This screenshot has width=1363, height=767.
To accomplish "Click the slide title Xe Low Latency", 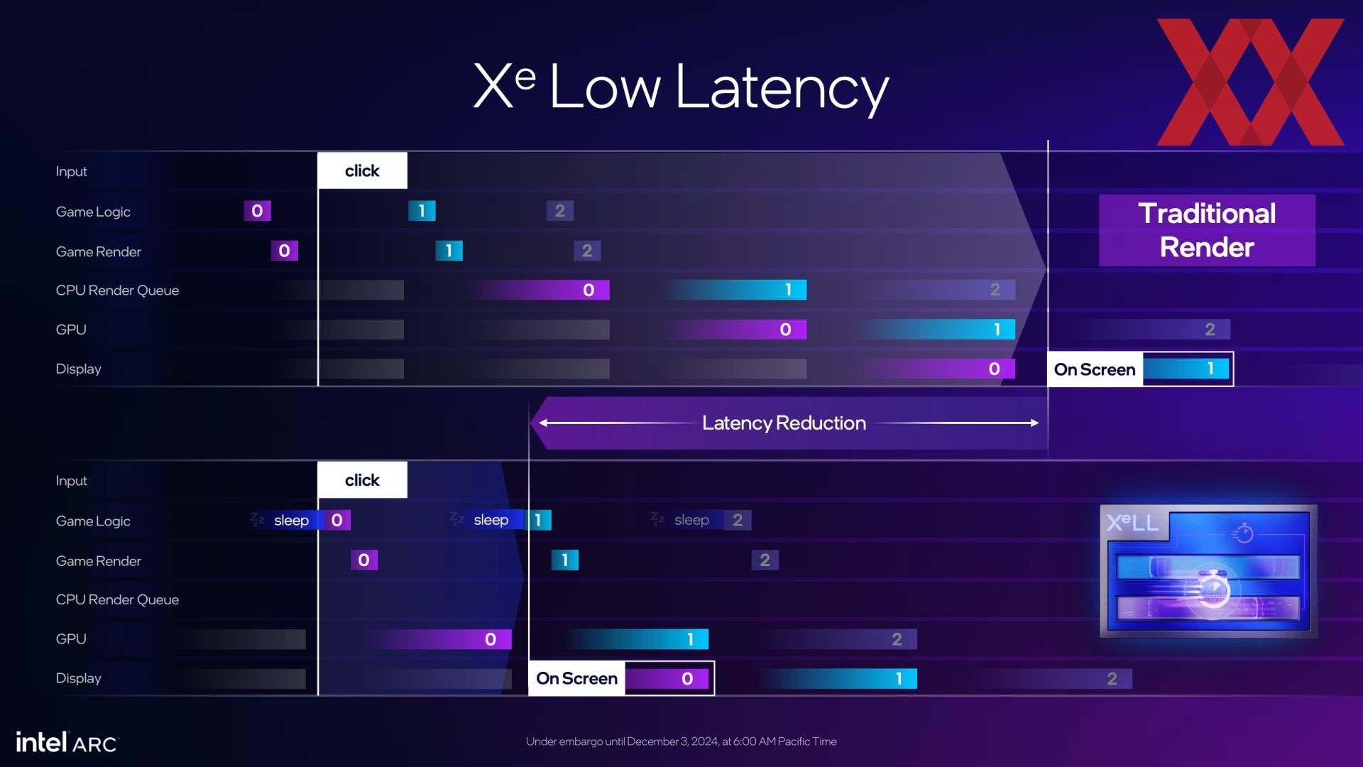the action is click(x=681, y=87).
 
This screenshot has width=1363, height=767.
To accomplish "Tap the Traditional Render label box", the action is click(x=1207, y=230).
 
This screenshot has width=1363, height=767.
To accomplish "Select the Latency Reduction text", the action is click(x=784, y=423).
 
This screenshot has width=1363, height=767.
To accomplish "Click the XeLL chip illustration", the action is click(x=1208, y=571).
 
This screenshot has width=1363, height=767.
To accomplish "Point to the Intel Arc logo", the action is click(x=67, y=742).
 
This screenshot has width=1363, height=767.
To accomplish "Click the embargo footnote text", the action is click(x=681, y=741).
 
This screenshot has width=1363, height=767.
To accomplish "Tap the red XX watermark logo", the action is click(x=1250, y=82).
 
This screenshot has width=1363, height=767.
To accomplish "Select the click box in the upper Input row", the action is click(x=362, y=170).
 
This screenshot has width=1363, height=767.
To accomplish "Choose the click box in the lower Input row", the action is click(x=362, y=480).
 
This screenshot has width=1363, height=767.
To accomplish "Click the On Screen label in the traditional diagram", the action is click(x=1095, y=369).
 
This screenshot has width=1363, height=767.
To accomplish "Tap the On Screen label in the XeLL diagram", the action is click(x=576, y=678).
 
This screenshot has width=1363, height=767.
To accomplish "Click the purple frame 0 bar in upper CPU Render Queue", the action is click(x=540, y=290).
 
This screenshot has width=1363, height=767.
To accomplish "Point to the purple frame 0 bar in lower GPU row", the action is click(x=440, y=639).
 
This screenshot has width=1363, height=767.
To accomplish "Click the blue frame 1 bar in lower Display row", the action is click(x=838, y=679).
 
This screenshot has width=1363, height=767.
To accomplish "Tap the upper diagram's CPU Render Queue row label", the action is click(x=117, y=290).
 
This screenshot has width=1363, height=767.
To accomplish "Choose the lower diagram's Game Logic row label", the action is click(x=93, y=521).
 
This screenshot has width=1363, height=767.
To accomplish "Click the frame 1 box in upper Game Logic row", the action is click(x=422, y=211).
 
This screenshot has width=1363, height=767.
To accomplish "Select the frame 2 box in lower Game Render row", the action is click(x=765, y=560).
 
